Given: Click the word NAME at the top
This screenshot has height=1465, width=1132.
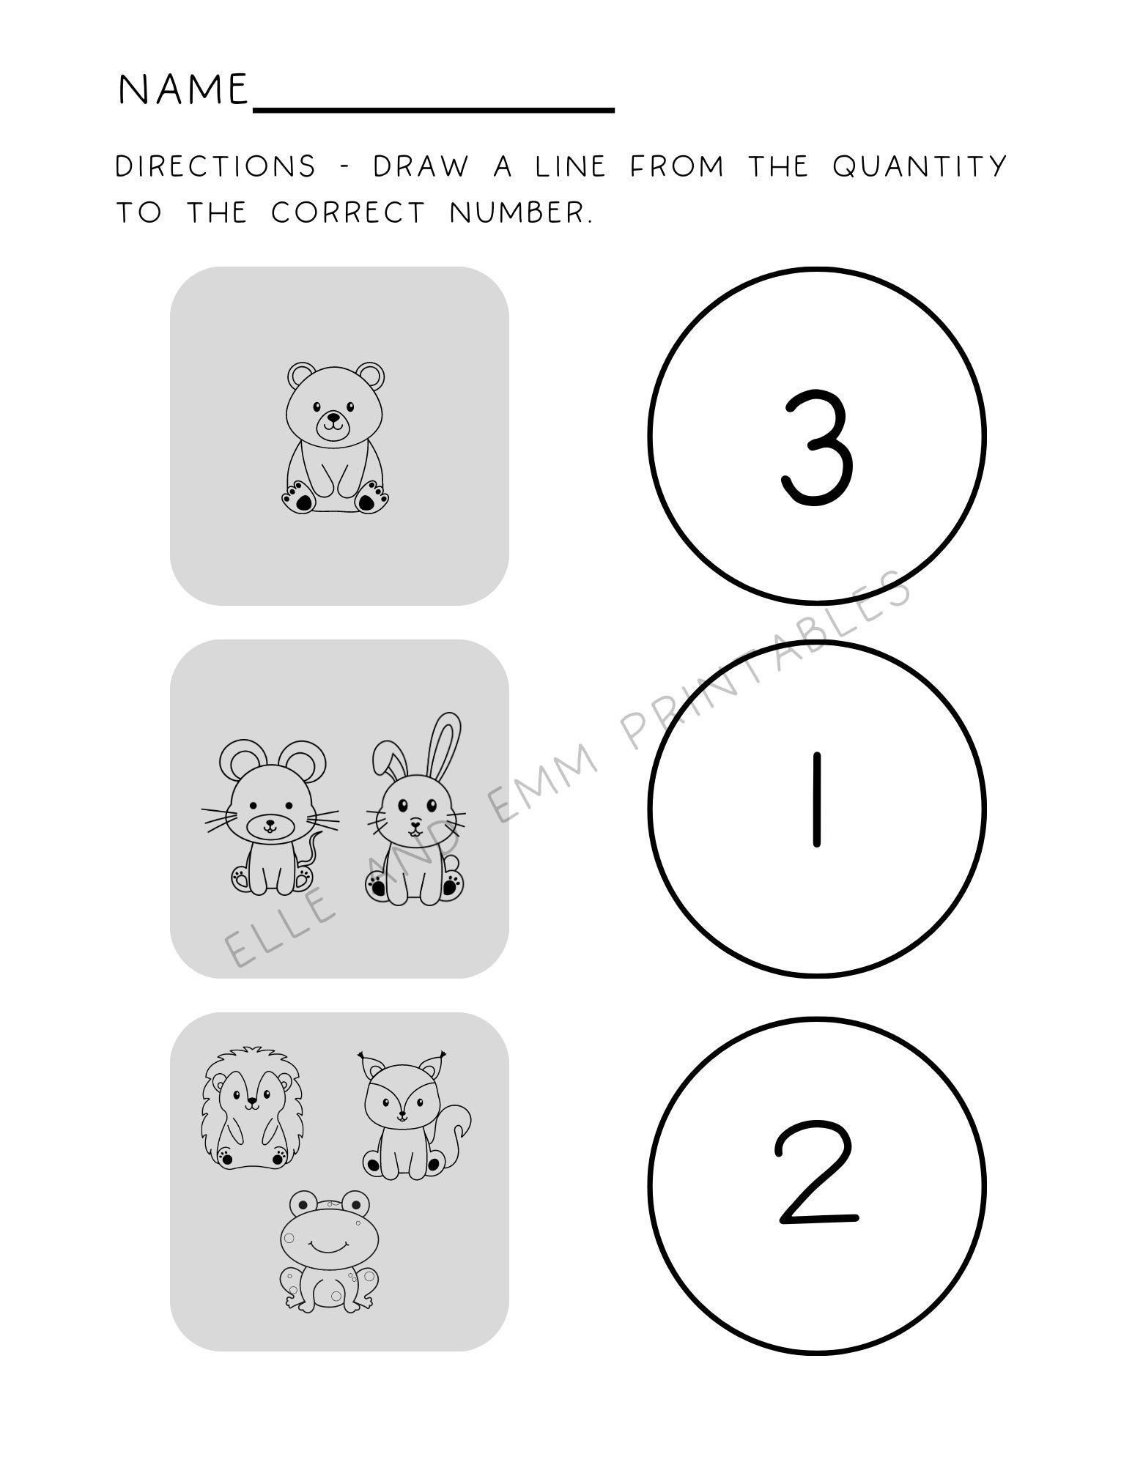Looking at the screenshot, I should pos(183,89).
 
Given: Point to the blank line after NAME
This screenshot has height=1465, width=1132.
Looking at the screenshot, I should pos(432,108).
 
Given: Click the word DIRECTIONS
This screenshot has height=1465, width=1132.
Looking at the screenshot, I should pos(215,166).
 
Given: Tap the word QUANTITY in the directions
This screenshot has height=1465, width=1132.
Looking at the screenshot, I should pos(920,166).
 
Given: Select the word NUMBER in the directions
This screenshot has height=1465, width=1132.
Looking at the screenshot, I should pos(519,213).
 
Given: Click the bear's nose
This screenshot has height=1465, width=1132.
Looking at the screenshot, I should pos(333,420).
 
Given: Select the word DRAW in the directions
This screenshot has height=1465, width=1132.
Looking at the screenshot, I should pos(420,166).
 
